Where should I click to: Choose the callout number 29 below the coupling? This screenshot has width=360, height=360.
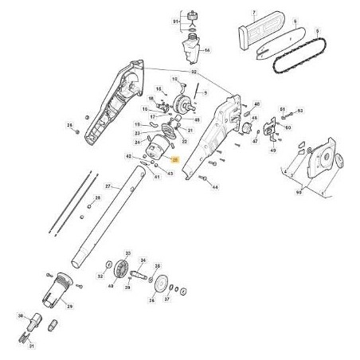coord(69,306)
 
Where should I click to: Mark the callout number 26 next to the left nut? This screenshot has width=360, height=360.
coord(69,126)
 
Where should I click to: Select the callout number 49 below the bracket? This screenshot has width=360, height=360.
coord(274,150)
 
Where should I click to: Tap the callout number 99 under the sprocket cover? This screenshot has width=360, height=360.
coord(299,192)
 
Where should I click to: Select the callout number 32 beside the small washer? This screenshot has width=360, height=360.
coord(100,276)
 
